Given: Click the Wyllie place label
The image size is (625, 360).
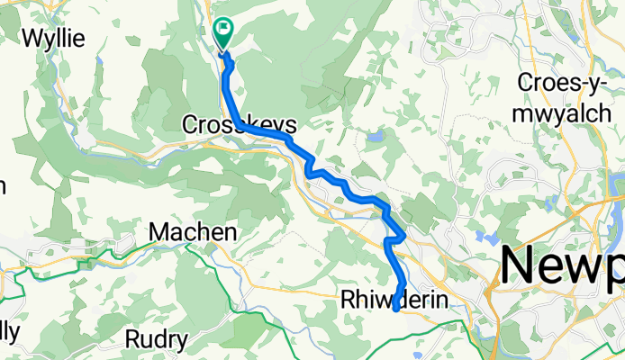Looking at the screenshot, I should tap(54, 39).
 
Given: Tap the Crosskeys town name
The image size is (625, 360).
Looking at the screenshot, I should tap(239, 124).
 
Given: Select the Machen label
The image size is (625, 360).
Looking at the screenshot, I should tap(193, 232).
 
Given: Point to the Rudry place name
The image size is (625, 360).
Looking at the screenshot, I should tap(156, 340).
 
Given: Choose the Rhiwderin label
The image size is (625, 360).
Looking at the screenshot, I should tap(394, 300).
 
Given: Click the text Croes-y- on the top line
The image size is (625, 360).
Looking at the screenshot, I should tap(564, 82).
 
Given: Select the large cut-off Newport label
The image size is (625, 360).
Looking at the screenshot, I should tap(562, 267).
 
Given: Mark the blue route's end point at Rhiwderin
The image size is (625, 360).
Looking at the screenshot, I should tap(395, 310).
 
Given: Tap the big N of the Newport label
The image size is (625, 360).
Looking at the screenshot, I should tap(520, 265).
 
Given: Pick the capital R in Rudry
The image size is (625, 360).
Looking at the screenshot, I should tap(131, 340).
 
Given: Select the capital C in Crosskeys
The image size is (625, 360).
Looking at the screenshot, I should tap(189, 124).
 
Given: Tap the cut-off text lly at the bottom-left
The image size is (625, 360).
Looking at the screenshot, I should tap(7, 331).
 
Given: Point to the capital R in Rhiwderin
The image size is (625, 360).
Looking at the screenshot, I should tap(348, 300).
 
